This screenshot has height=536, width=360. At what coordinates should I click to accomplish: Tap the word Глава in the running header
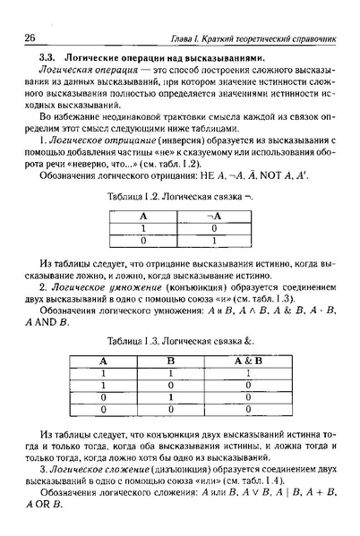click(185, 40)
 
